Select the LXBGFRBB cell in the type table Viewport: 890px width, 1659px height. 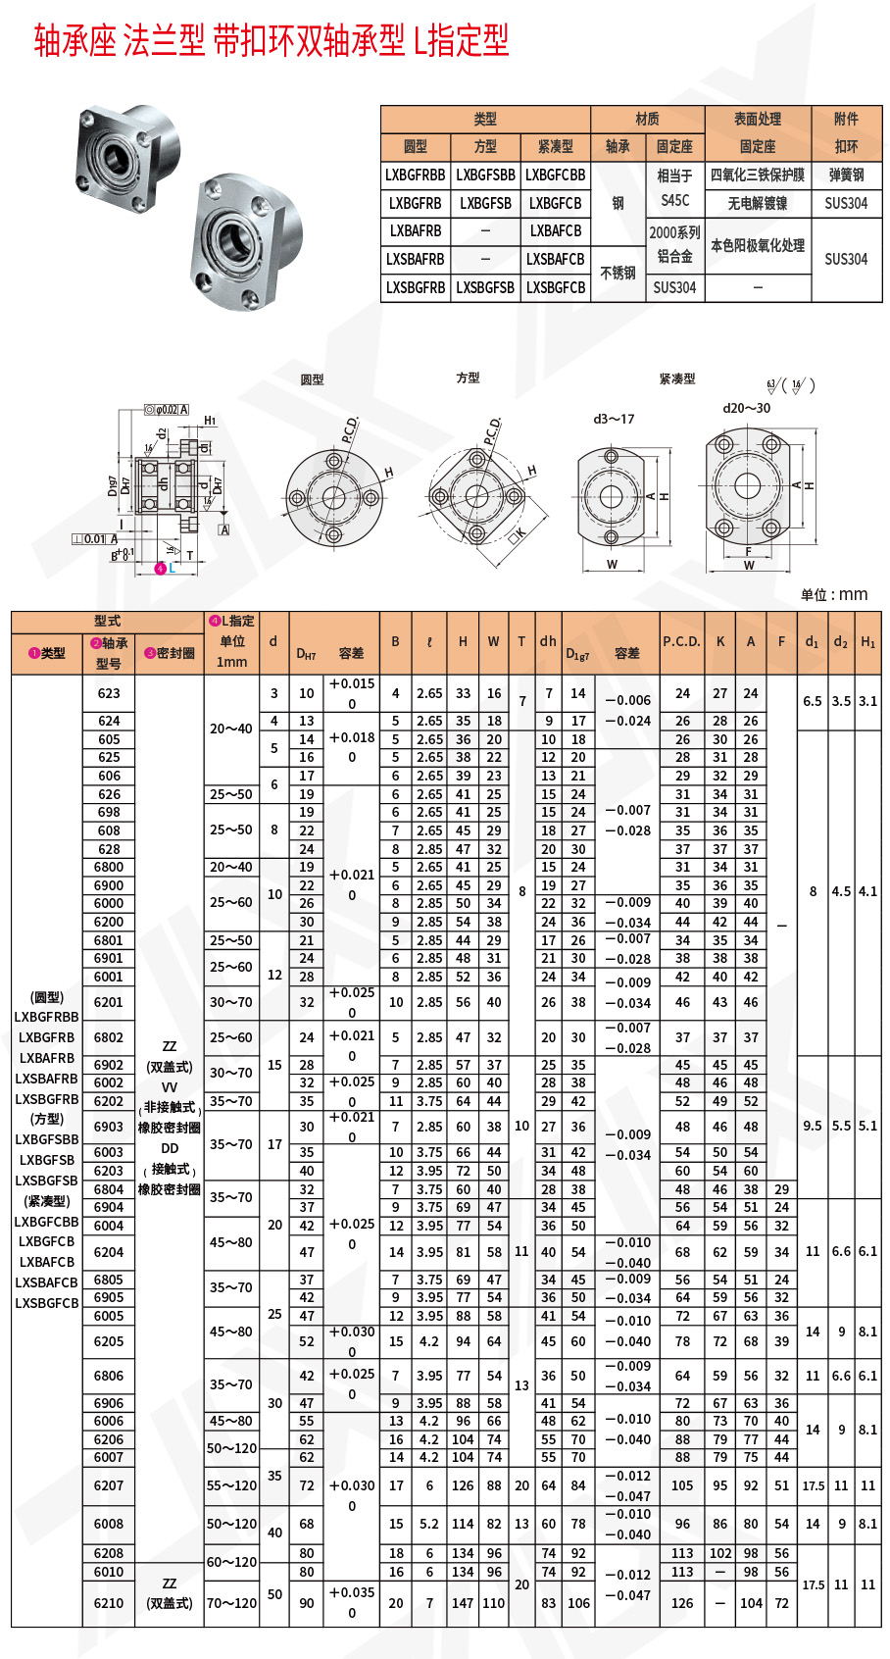[x=415, y=175]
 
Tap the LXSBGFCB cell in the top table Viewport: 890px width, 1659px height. [x=555, y=287]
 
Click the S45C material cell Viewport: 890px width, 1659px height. [x=674, y=200]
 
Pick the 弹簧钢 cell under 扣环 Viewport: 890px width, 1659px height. [x=846, y=175]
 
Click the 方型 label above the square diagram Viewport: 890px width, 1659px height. [x=468, y=377]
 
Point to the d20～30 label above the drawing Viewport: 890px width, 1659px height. [x=746, y=408]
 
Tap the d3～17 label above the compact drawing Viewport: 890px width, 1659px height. [x=614, y=419]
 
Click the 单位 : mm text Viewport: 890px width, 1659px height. [x=834, y=594]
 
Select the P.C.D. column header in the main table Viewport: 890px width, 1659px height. [x=681, y=641]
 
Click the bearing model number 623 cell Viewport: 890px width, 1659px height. [x=109, y=692]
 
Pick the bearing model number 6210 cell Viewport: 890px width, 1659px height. [x=109, y=1602]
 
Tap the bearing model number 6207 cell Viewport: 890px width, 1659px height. [x=109, y=1484]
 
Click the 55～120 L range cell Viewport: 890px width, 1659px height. [x=231, y=1484]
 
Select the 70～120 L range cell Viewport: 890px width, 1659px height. [x=231, y=1602]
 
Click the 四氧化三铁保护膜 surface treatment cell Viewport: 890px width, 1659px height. [x=757, y=175]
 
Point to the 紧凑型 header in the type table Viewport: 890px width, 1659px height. [x=555, y=146]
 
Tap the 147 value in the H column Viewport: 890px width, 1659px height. [x=463, y=1602]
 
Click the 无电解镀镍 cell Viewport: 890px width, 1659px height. [x=757, y=203]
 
